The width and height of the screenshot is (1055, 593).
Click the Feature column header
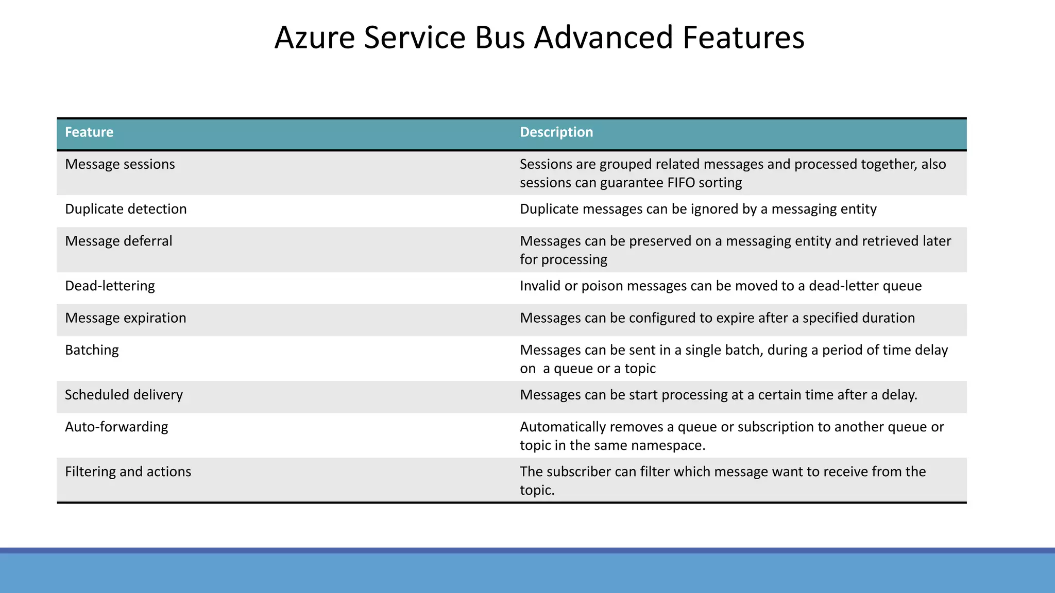[x=89, y=132]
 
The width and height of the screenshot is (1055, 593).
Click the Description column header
[x=556, y=132]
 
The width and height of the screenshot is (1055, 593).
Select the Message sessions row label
[x=120, y=164]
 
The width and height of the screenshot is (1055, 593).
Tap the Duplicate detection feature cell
[x=126, y=209]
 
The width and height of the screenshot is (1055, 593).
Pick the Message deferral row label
[x=118, y=241]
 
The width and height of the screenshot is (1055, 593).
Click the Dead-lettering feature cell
[x=110, y=286]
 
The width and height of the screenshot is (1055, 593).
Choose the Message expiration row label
[x=126, y=318]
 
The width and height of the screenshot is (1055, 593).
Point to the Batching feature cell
[x=92, y=350]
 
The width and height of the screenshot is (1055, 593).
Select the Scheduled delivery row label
[x=124, y=395]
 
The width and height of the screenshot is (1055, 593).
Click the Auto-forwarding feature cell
[x=116, y=427]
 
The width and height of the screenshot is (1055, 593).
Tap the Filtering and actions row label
[x=128, y=472]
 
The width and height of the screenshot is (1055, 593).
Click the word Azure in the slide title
[x=315, y=38]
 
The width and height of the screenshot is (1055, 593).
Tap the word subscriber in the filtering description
[x=578, y=472]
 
